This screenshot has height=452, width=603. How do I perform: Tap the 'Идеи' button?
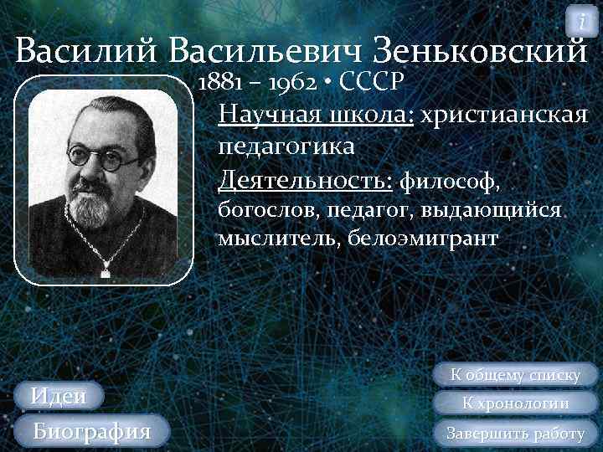pos(59,396)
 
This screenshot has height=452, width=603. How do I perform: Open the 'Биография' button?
pos(91,431)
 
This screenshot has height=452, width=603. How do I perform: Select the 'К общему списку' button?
pos(516,374)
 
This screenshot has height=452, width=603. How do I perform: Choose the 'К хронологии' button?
pos(516,403)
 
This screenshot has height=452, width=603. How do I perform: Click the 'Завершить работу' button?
pos(516,433)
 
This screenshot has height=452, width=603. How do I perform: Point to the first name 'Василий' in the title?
pos(87,52)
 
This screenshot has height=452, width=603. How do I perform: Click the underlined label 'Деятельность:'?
pos(305,177)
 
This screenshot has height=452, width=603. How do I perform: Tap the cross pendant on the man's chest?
pos(106,267)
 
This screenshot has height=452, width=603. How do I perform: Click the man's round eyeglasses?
pos(102,157)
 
